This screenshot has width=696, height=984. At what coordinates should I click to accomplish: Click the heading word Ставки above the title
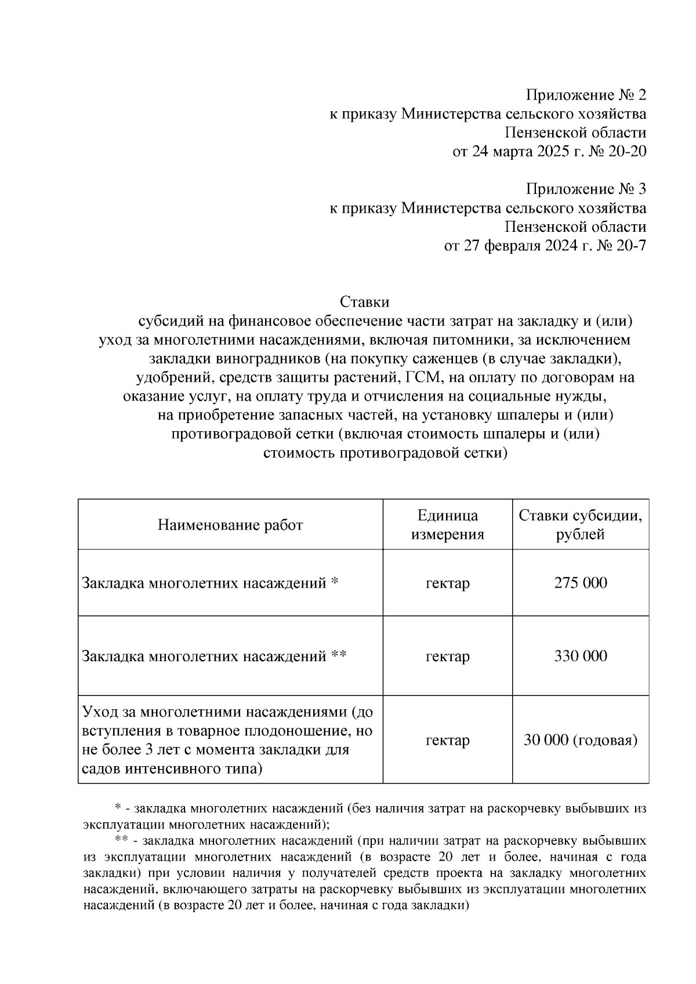tap(364, 302)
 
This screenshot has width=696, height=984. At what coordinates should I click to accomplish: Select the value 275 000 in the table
tap(581, 582)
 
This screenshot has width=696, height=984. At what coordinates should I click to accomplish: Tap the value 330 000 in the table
tap(581, 656)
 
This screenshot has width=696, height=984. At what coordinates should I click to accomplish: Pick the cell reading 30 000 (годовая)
tap(581, 740)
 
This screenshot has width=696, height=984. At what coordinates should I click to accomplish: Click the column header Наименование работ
tap(230, 525)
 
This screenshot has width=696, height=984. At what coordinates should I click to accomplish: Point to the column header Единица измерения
tap(447, 524)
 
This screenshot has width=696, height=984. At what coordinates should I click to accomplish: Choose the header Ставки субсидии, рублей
tap(581, 524)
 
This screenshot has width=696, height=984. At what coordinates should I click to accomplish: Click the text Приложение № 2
tap(586, 95)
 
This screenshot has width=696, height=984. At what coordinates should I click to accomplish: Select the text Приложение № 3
tap(586, 189)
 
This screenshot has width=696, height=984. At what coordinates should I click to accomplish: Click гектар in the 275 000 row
tap(447, 582)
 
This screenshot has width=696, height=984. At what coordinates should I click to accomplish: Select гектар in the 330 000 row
tap(447, 656)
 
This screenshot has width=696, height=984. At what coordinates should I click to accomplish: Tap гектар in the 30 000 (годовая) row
tap(447, 740)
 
